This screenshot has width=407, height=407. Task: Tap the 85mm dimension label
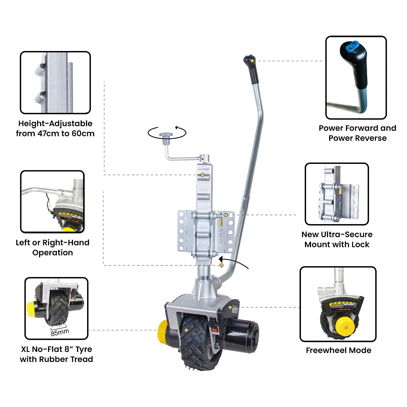tap(60, 332)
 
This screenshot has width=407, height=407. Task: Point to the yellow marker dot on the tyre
tap(186, 330)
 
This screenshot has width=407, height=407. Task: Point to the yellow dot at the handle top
tap(252, 61)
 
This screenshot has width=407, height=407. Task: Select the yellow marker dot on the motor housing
tap(230, 307)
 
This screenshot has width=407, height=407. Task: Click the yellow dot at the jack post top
tap(202, 175)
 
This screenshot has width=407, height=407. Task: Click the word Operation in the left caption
tap(53, 253)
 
